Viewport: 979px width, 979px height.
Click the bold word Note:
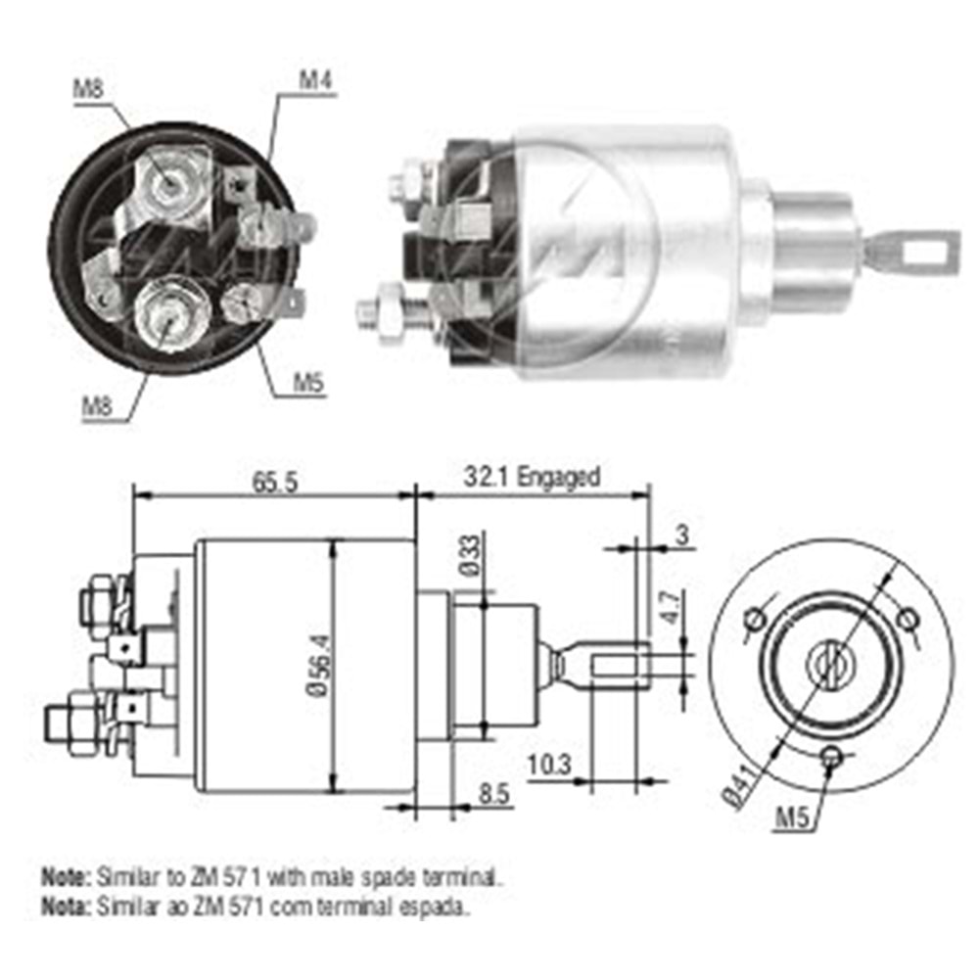click(x=64, y=871)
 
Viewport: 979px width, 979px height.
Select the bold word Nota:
click(x=64, y=906)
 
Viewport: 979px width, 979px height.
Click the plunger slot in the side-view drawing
click(x=617, y=665)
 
